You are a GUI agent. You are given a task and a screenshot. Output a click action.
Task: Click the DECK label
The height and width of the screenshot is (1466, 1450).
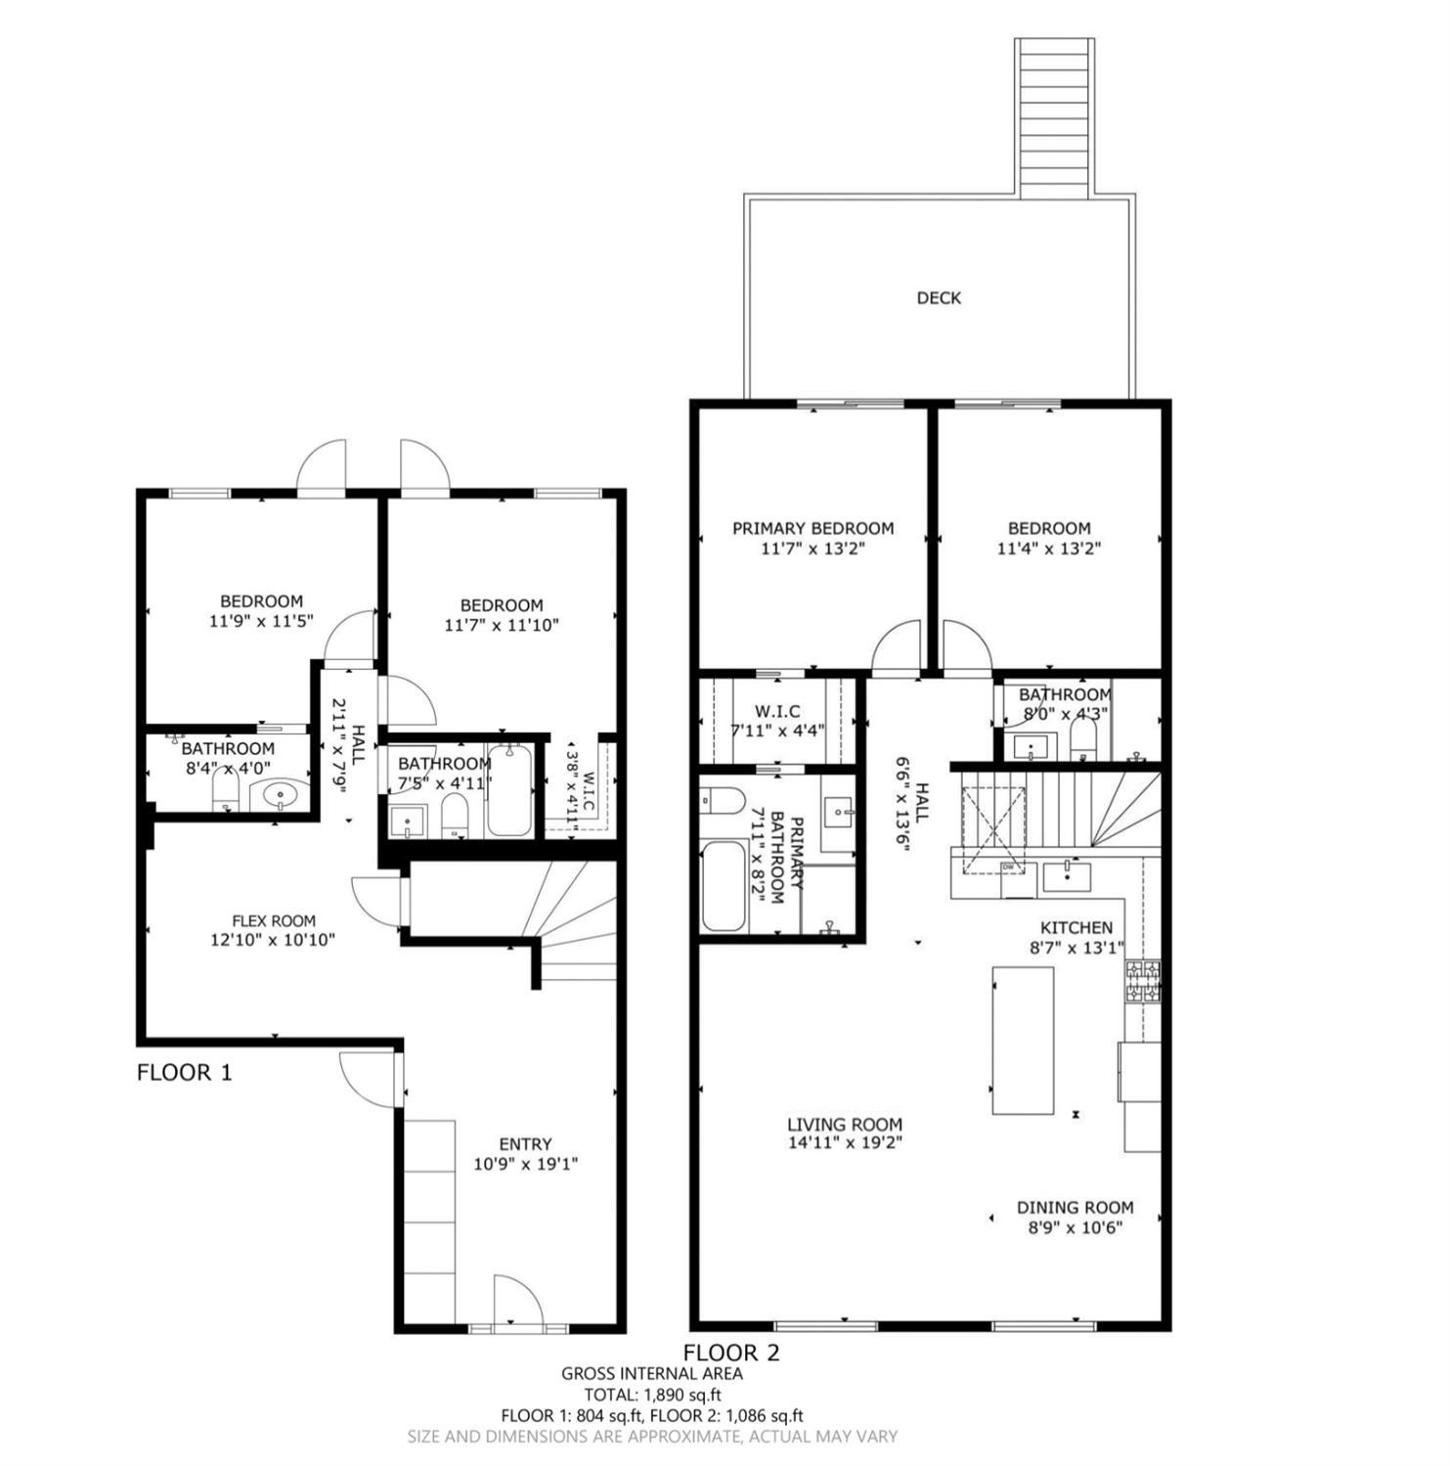tap(938, 297)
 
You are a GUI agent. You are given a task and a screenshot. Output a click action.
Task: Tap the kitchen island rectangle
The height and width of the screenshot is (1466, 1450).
tap(1023, 1040)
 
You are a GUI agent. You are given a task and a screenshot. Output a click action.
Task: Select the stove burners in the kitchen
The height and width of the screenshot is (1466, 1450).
tap(1143, 982)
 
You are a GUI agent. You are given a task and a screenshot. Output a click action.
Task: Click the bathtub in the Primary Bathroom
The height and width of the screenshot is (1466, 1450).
tap(722, 886)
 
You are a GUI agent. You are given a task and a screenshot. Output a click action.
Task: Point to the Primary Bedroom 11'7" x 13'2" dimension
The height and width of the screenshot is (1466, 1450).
tap(813, 549)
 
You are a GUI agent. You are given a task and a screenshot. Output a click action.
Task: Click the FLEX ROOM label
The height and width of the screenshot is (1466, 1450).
tap(273, 920)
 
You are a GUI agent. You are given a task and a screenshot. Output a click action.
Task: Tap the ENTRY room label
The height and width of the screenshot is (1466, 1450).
tap(525, 1143)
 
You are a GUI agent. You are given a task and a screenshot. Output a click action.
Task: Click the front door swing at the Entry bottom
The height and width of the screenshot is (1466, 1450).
tap(517, 1300)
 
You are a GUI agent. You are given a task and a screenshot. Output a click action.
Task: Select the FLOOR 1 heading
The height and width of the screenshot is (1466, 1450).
tap(184, 1072)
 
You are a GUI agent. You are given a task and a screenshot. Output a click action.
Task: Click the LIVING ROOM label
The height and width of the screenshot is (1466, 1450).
tap(845, 1125)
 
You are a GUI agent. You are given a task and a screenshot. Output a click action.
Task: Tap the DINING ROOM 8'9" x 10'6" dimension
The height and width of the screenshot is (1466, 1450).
tap(1075, 1227)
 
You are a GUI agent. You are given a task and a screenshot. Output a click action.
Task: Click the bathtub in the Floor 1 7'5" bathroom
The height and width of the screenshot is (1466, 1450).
tap(508, 790)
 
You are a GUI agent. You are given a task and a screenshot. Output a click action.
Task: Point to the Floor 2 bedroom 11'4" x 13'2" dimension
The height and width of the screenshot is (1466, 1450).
tap(1048, 549)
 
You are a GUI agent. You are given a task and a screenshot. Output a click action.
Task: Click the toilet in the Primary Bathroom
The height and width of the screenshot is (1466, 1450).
tap(722, 800)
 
